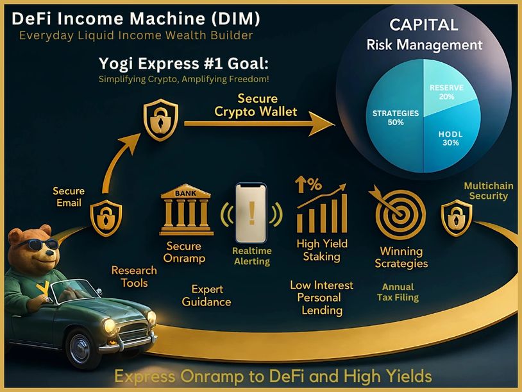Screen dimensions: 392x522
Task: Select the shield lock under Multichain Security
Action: pyautogui.click(x=457, y=218)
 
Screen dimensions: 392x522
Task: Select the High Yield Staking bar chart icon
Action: pyautogui.click(x=321, y=207)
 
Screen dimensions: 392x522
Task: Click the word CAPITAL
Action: pyautogui.click(x=425, y=25)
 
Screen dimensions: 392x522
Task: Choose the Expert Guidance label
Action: pyautogui.click(x=206, y=296)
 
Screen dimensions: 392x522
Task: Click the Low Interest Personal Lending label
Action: pyautogui.click(x=321, y=298)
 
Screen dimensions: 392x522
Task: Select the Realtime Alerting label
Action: pyautogui.click(x=251, y=256)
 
